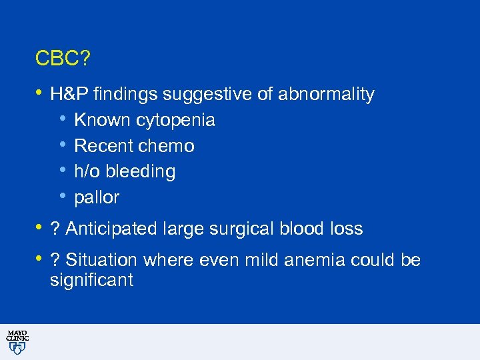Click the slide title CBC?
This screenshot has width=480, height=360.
(x=63, y=59)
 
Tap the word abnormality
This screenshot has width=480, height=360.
(x=326, y=95)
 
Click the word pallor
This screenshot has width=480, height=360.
(x=97, y=198)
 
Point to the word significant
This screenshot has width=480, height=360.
(x=91, y=280)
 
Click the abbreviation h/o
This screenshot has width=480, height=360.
(x=85, y=172)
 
